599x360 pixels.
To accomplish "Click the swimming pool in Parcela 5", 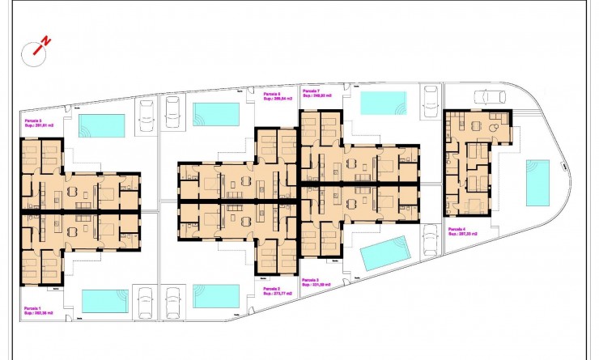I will (102, 125).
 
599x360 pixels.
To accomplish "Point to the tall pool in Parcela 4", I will (537, 182).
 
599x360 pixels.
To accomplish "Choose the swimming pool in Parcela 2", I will (217, 295).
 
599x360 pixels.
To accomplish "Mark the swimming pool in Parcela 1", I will (104, 301).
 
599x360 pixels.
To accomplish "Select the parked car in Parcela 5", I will (147, 115).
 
